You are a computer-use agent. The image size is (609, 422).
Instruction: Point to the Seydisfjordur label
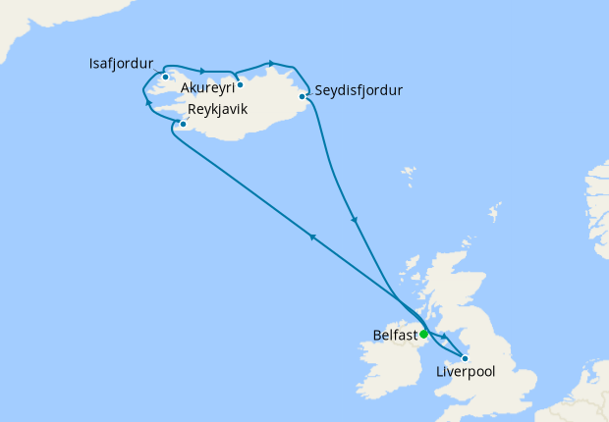coord(360,91)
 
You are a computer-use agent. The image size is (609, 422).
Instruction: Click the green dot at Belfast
coord(423,335)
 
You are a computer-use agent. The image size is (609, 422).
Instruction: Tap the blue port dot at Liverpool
coord(465,358)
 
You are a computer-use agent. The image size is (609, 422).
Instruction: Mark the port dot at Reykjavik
coord(183,125)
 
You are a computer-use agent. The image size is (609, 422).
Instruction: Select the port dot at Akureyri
coord(240,84)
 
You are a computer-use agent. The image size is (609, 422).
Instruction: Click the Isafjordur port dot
coord(166,77)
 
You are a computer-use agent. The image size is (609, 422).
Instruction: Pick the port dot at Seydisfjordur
coord(303,96)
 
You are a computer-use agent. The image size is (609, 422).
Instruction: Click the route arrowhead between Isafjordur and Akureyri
coord(201,71)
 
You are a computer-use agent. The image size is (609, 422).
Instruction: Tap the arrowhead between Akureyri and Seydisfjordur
coord(270,63)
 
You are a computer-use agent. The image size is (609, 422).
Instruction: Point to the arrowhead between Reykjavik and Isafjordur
coord(149,102)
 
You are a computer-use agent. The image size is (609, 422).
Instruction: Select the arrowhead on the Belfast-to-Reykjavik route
coord(311,237)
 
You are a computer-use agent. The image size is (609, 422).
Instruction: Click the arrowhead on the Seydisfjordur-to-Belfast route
coord(355,221)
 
